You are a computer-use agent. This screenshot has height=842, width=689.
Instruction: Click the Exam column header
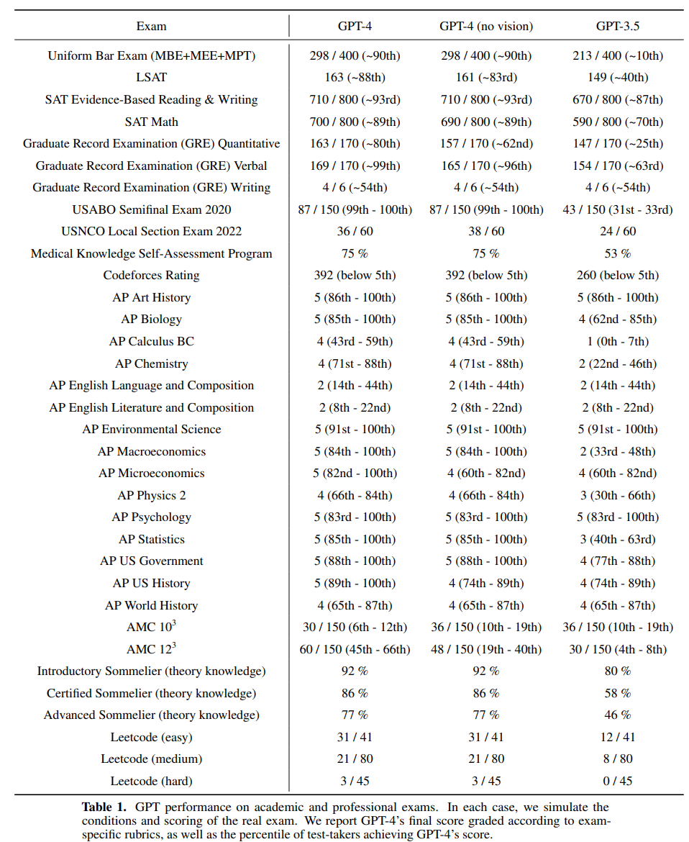151,27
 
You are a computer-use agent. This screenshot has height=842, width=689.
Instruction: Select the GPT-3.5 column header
618,27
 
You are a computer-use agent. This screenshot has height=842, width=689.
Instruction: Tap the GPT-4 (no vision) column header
486,27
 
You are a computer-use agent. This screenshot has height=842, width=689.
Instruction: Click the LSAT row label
151,77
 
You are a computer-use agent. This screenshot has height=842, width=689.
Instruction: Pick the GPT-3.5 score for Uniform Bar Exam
618,55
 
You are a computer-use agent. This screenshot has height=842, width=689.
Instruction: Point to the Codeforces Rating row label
151,275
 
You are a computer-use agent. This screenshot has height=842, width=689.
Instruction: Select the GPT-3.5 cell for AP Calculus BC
618,341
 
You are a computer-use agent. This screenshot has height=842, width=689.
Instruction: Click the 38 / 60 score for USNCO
486,231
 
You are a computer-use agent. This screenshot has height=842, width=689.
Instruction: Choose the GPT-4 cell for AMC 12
355,649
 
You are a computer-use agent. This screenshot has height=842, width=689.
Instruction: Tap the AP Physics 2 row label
151,495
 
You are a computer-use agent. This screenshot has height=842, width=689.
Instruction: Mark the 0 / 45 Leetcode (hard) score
618,781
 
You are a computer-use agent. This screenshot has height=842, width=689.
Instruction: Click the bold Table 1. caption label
104,807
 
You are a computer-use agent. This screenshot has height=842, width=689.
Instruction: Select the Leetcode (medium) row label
151,759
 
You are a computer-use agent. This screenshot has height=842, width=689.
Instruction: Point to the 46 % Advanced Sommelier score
618,715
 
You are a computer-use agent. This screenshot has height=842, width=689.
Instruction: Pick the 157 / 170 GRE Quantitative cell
486,143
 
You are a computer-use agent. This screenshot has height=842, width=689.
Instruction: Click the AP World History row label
151,605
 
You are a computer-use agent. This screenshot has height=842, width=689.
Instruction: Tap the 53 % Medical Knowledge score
618,253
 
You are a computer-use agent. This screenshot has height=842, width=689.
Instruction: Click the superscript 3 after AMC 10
173,623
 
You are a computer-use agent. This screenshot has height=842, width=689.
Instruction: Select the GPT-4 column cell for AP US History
355,583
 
